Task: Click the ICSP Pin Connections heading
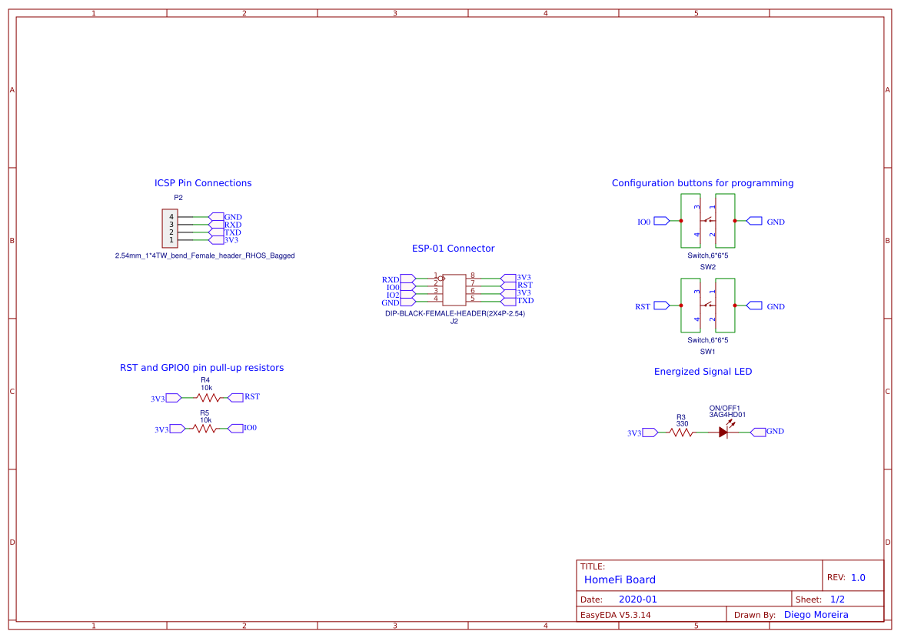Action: point(203,183)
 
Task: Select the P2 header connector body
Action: point(170,229)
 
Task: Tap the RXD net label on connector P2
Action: point(232,225)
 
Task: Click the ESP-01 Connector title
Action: point(453,249)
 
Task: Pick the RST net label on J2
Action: point(524,285)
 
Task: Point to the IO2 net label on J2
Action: point(393,295)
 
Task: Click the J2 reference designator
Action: point(454,322)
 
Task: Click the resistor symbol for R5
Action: point(205,429)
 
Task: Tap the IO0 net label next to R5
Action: point(250,428)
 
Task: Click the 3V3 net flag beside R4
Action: point(158,399)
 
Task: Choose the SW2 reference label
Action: point(707,267)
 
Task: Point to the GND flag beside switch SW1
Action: point(775,306)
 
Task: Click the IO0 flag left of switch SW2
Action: point(644,222)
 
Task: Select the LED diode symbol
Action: point(723,433)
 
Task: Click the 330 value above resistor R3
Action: point(682,423)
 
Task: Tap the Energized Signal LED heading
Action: point(703,372)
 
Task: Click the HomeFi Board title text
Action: point(620,580)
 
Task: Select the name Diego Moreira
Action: point(816,615)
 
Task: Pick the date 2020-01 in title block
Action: point(637,600)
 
